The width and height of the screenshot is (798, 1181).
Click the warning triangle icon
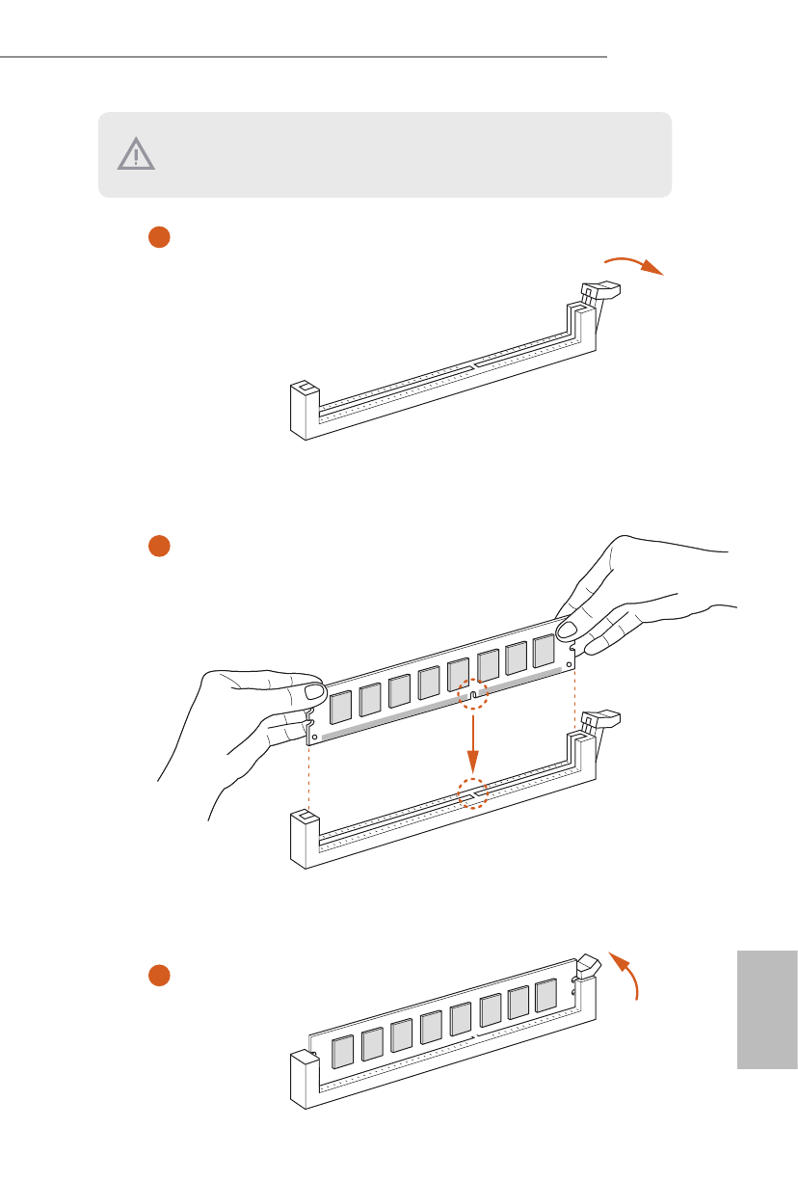(136, 154)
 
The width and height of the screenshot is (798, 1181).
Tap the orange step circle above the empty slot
(159, 237)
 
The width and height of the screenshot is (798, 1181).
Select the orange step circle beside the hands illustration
(159, 546)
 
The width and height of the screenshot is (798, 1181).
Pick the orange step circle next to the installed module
(159, 976)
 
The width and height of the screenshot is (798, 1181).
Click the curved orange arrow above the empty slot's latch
(633, 264)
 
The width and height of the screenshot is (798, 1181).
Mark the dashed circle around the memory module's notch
(472, 694)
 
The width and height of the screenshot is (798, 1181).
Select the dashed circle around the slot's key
(472, 793)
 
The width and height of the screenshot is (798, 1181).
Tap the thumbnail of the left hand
(312, 693)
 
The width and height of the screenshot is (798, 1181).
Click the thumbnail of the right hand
(566, 631)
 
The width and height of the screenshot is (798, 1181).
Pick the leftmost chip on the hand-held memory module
(341, 708)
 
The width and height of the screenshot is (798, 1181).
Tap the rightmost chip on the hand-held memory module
(545, 651)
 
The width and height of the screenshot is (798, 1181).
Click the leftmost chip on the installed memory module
(342, 1053)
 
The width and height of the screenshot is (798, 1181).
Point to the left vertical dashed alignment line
(308, 776)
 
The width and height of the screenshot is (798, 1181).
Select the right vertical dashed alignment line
(575, 704)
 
